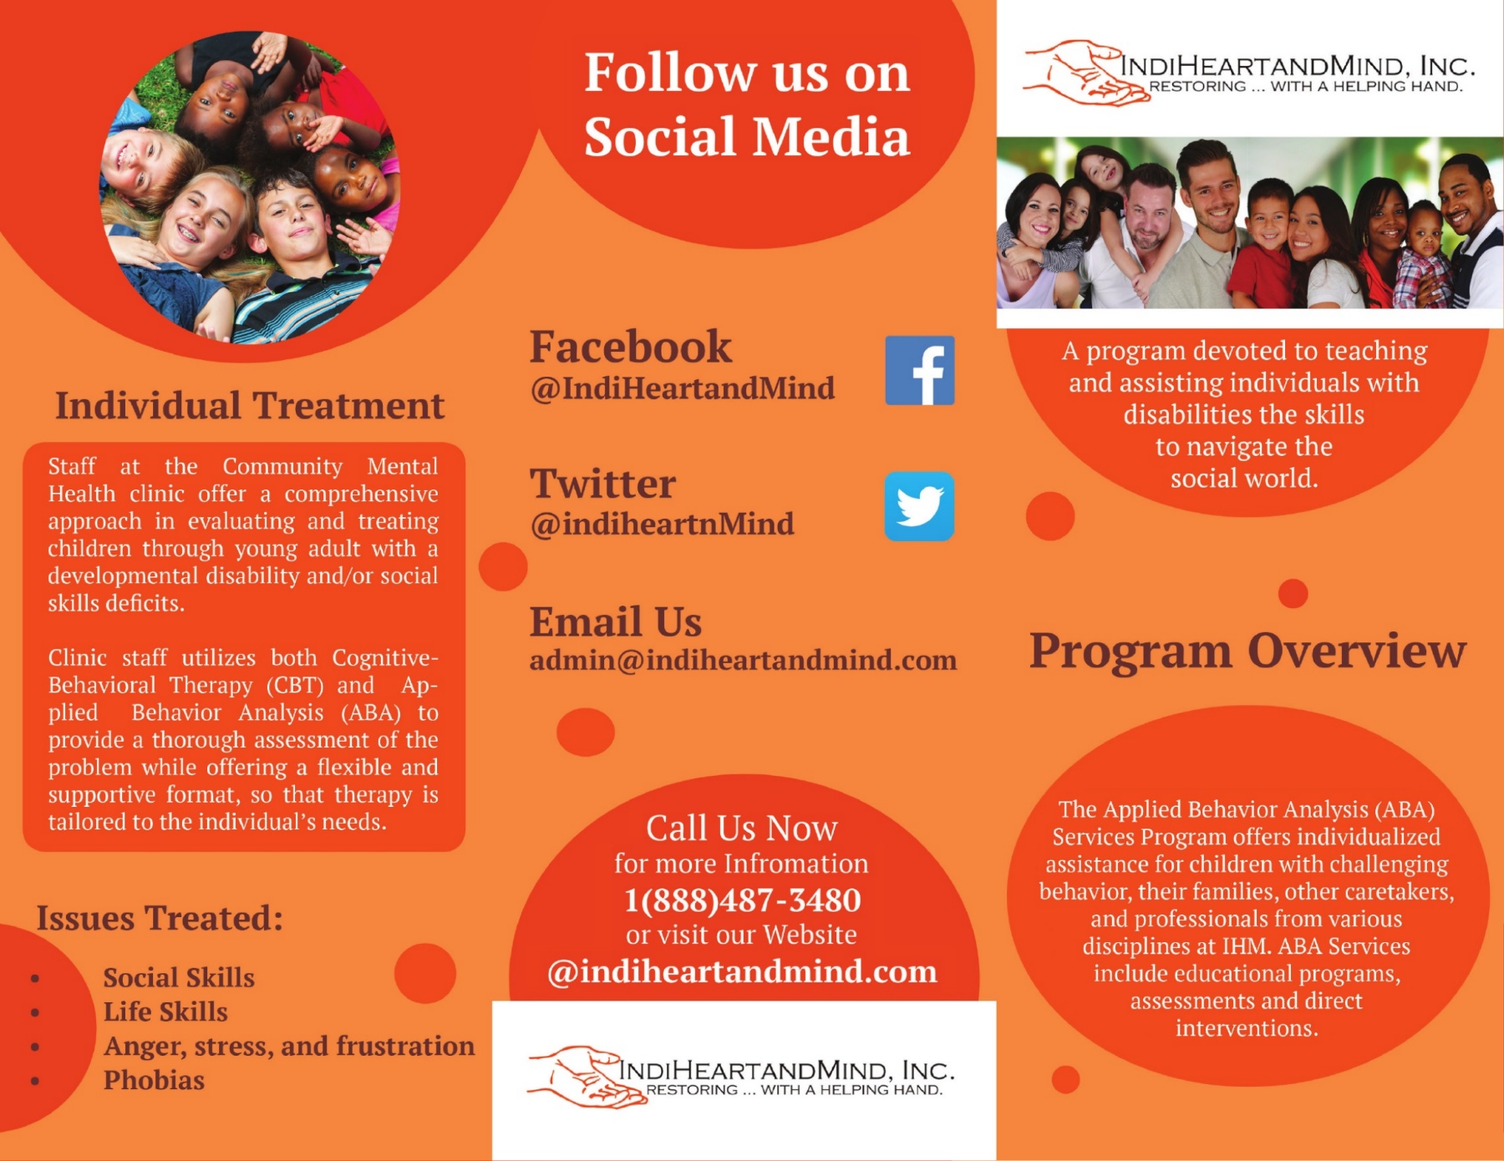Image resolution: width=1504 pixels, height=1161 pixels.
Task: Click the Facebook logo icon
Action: click(x=919, y=371)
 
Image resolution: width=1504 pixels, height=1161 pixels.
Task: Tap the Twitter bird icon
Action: click(x=919, y=506)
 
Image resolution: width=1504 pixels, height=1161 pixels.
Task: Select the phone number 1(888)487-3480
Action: click(x=742, y=900)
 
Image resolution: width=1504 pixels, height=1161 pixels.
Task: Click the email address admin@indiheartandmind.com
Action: click(x=743, y=660)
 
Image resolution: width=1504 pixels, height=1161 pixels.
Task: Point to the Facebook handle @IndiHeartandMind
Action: click(x=682, y=388)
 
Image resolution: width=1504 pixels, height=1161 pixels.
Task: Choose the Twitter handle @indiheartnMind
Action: click(x=662, y=525)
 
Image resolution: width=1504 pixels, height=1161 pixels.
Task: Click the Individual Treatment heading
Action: click(x=249, y=406)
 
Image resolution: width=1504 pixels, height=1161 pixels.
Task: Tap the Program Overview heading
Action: click(x=1247, y=651)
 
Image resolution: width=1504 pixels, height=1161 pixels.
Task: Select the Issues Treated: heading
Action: click(x=160, y=918)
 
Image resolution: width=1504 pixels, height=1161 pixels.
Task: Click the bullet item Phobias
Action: click(x=154, y=1080)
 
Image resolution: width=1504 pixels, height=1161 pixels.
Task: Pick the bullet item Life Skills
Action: click(x=165, y=1011)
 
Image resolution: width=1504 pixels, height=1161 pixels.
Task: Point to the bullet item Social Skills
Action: click(x=179, y=977)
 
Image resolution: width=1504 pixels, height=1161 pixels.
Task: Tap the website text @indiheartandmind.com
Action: click(x=742, y=971)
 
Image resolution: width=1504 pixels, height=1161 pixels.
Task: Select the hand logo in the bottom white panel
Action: click(x=585, y=1077)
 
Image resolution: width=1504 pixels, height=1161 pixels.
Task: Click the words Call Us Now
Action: click(x=741, y=828)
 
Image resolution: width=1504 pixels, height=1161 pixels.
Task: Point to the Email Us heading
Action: click(x=616, y=621)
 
